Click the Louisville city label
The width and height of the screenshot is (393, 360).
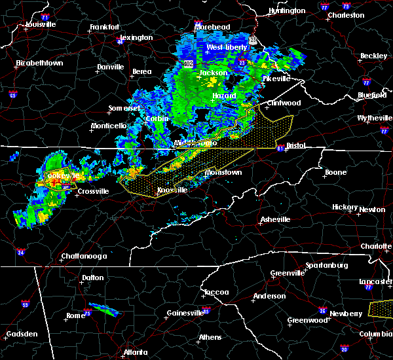click(x=41, y=24)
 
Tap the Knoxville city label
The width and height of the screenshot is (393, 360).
click(x=172, y=190)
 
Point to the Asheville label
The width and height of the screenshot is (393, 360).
click(x=274, y=219)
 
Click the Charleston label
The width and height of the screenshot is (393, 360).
click(x=346, y=14)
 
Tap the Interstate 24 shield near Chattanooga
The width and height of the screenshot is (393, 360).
click(x=21, y=252)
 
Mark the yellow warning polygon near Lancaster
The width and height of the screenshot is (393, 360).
click(x=381, y=306)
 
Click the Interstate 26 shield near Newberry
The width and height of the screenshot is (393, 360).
click(x=323, y=310)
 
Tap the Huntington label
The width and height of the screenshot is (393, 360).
click(x=287, y=10)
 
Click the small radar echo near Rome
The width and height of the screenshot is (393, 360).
click(x=103, y=308)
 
